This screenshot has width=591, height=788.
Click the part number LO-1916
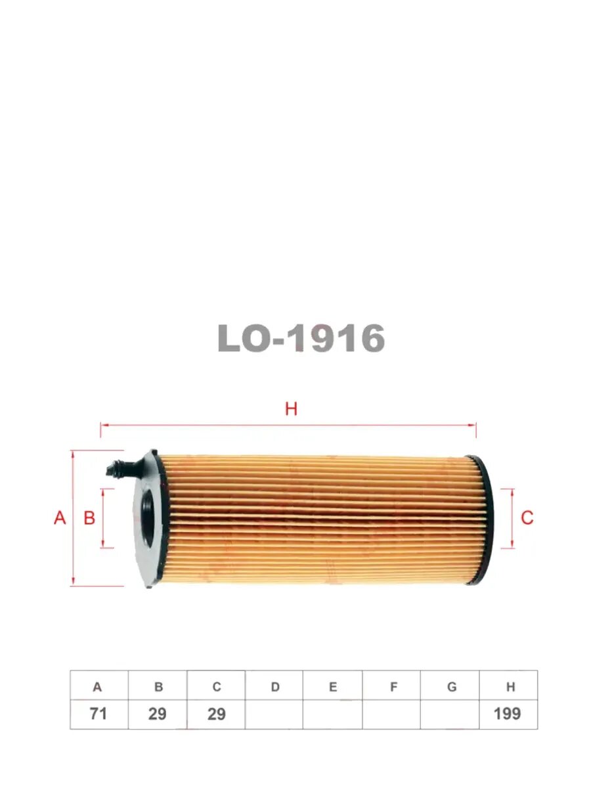301,338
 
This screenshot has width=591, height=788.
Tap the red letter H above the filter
291,409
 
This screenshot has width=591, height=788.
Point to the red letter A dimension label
60,518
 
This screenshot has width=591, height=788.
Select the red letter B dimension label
89,518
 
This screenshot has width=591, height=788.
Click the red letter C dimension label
527,517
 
